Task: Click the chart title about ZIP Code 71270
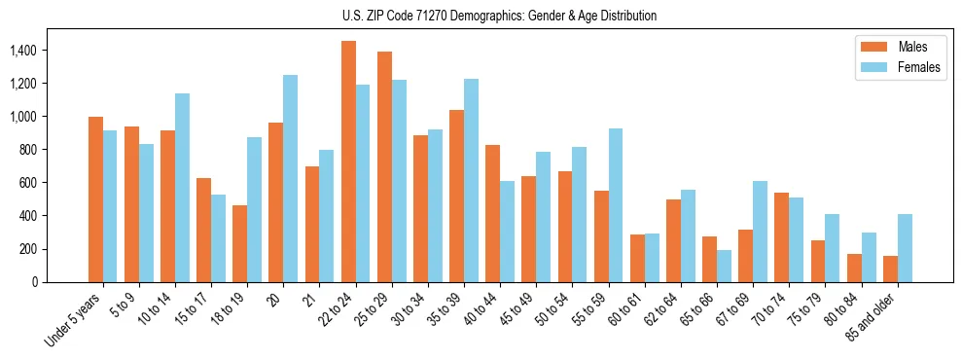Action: (499, 16)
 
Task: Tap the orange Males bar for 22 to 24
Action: (348, 162)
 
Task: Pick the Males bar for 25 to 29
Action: (384, 166)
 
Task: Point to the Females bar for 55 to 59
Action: (615, 205)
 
